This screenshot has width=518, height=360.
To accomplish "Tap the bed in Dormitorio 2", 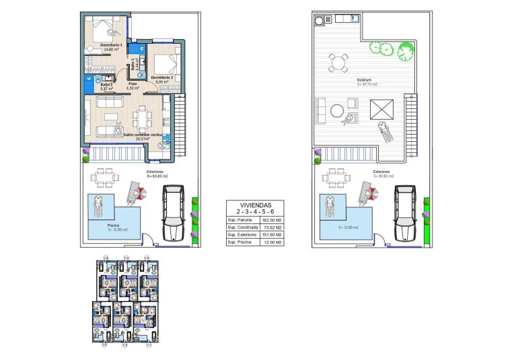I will point(165,64).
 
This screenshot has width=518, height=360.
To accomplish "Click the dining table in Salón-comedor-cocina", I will point(141,118).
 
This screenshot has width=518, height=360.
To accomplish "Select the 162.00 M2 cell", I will point(272,219).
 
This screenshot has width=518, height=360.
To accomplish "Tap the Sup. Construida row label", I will point(243,227).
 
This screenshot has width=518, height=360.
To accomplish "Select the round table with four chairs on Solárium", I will point(337,63).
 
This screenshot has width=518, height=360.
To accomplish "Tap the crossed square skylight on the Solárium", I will point(382,108).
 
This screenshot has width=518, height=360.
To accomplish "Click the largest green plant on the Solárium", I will point(404,50).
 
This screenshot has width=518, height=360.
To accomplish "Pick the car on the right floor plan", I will point(404,211).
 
